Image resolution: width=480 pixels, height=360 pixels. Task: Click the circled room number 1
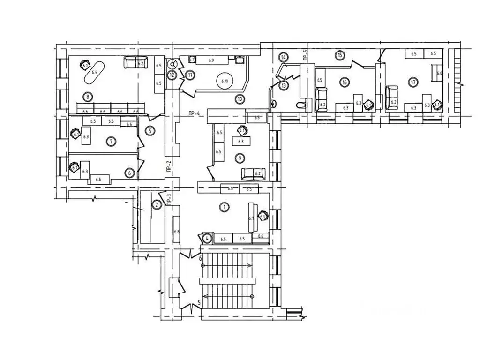tap(224, 206)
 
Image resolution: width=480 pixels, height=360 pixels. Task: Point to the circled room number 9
tap(240, 157)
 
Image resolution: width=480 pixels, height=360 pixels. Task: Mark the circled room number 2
tap(157, 204)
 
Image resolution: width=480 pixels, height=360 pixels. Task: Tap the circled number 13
tap(284, 85)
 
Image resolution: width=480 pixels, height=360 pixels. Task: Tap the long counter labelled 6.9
tap(212, 60)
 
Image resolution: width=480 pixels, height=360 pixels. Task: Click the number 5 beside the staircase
tap(199, 303)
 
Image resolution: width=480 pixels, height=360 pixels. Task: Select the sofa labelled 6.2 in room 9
tap(253, 173)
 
